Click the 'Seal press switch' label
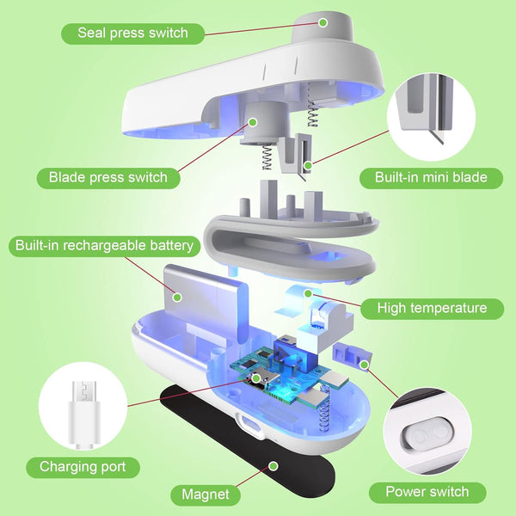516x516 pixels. point(133,34)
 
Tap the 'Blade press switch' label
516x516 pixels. point(107,178)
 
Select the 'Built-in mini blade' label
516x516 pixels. point(431,178)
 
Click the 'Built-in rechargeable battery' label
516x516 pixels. point(105,246)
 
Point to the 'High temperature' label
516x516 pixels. point(432,308)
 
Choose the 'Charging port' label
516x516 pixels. point(89,467)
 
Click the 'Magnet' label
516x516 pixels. point(205,494)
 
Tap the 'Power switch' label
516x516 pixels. point(427,492)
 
